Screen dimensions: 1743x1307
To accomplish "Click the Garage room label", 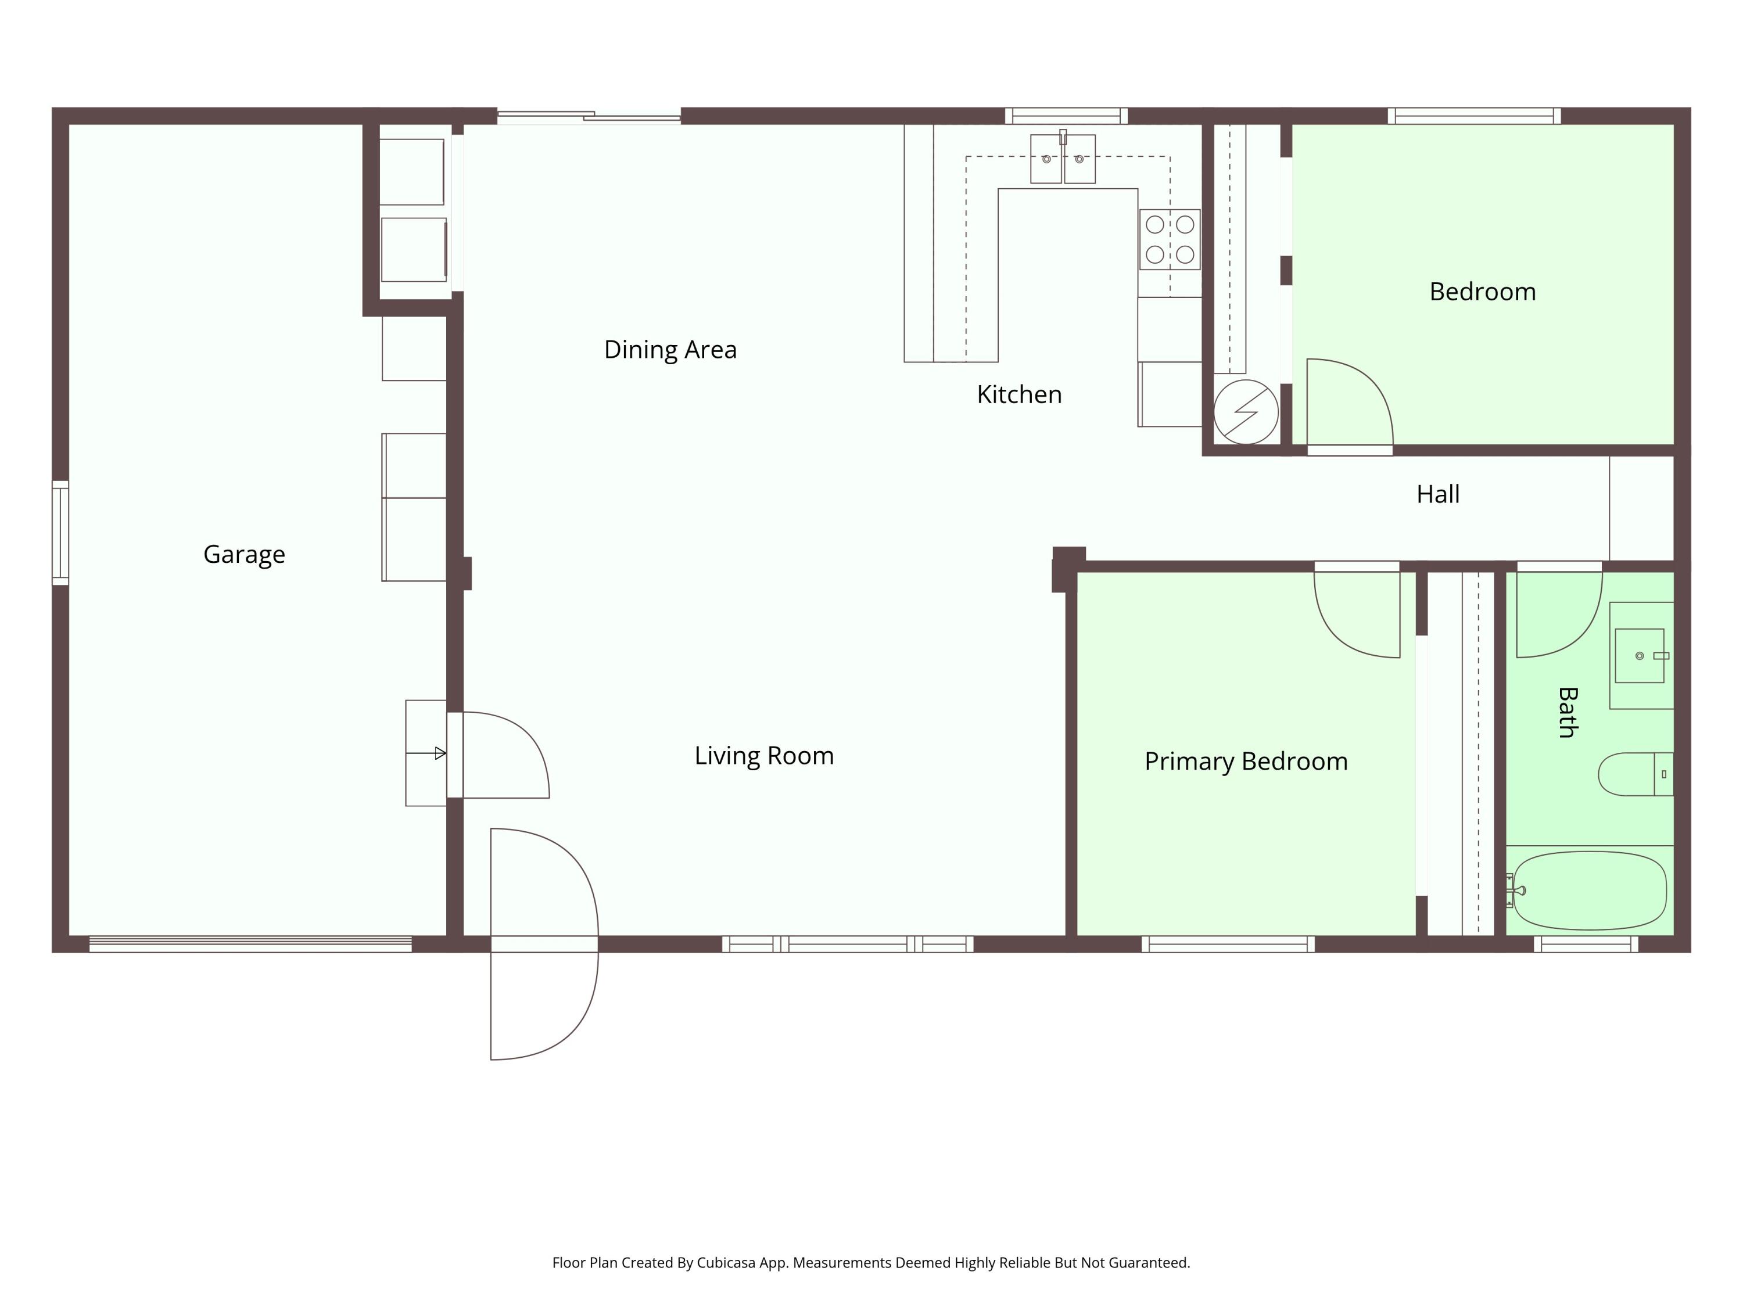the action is [244, 555].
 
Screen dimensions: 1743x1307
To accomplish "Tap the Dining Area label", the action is [670, 349].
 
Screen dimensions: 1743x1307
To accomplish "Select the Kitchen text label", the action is [1019, 394].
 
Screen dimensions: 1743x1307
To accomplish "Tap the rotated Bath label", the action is [1568, 712].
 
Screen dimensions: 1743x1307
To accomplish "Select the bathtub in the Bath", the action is [1590, 891].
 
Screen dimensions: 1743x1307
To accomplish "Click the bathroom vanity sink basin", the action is [1639, 655].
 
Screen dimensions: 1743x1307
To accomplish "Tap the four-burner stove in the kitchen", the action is [1170, 239].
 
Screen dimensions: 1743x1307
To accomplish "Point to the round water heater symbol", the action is [1246, 412].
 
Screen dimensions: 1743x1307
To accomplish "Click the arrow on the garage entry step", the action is [426, 753].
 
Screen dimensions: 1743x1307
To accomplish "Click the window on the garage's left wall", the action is [60, 533].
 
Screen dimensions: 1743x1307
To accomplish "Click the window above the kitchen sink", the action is [1066, 116].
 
